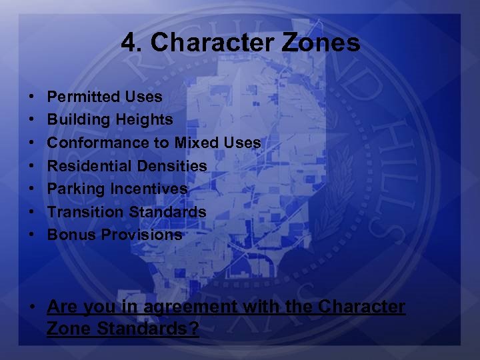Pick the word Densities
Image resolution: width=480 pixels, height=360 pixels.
(175, 166)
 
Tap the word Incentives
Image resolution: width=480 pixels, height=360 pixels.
(149, 189)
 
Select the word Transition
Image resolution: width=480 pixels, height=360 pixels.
(81, 212)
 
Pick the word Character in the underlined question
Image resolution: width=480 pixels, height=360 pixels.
(361, 307)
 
